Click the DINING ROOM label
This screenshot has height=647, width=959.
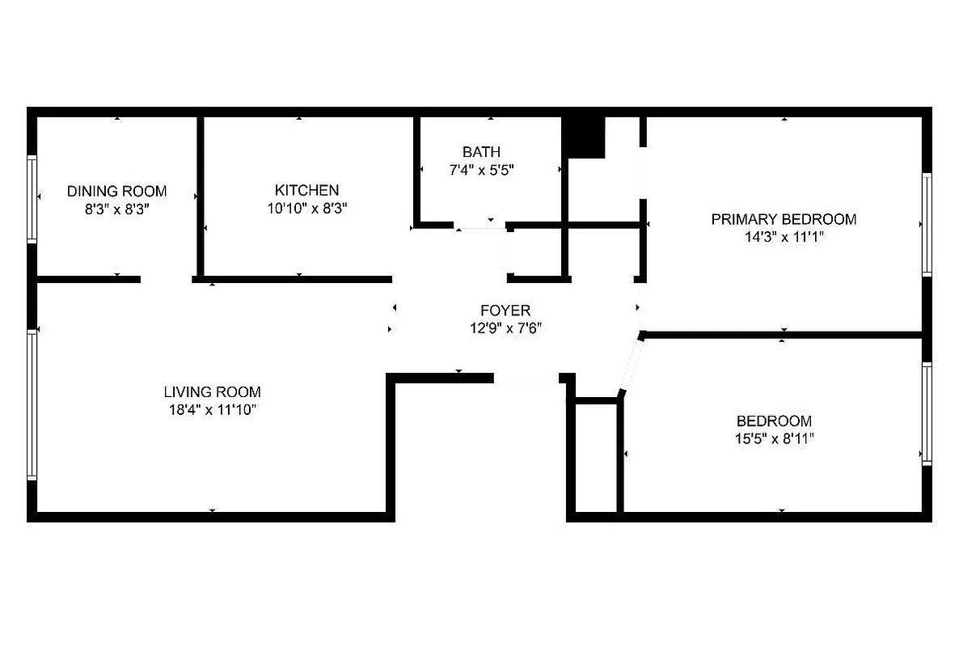click(116, 192)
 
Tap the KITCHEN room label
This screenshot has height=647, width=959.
click(306, 190)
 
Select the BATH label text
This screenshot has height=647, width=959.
click(481, 152)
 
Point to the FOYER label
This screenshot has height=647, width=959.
click(505, 311)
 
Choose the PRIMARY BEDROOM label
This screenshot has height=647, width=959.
click(784, 219)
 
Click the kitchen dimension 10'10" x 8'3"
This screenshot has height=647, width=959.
click(306, 208)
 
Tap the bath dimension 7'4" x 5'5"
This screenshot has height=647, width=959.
click(481, 170)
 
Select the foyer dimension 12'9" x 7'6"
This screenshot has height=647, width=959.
click(505, 328)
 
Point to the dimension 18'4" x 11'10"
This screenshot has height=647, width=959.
click(212, 410)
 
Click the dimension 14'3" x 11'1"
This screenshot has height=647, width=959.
click(784, 237)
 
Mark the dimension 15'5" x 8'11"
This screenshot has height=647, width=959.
click(774, 439)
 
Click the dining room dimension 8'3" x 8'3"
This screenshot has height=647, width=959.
click(116, 209)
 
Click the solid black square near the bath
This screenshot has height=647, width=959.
click(584, 137)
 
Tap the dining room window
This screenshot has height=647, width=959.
click(32, 199)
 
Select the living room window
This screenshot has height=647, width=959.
click(32, 404)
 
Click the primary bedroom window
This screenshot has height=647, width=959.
click(927, 225)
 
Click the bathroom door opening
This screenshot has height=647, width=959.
click(480, 226)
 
